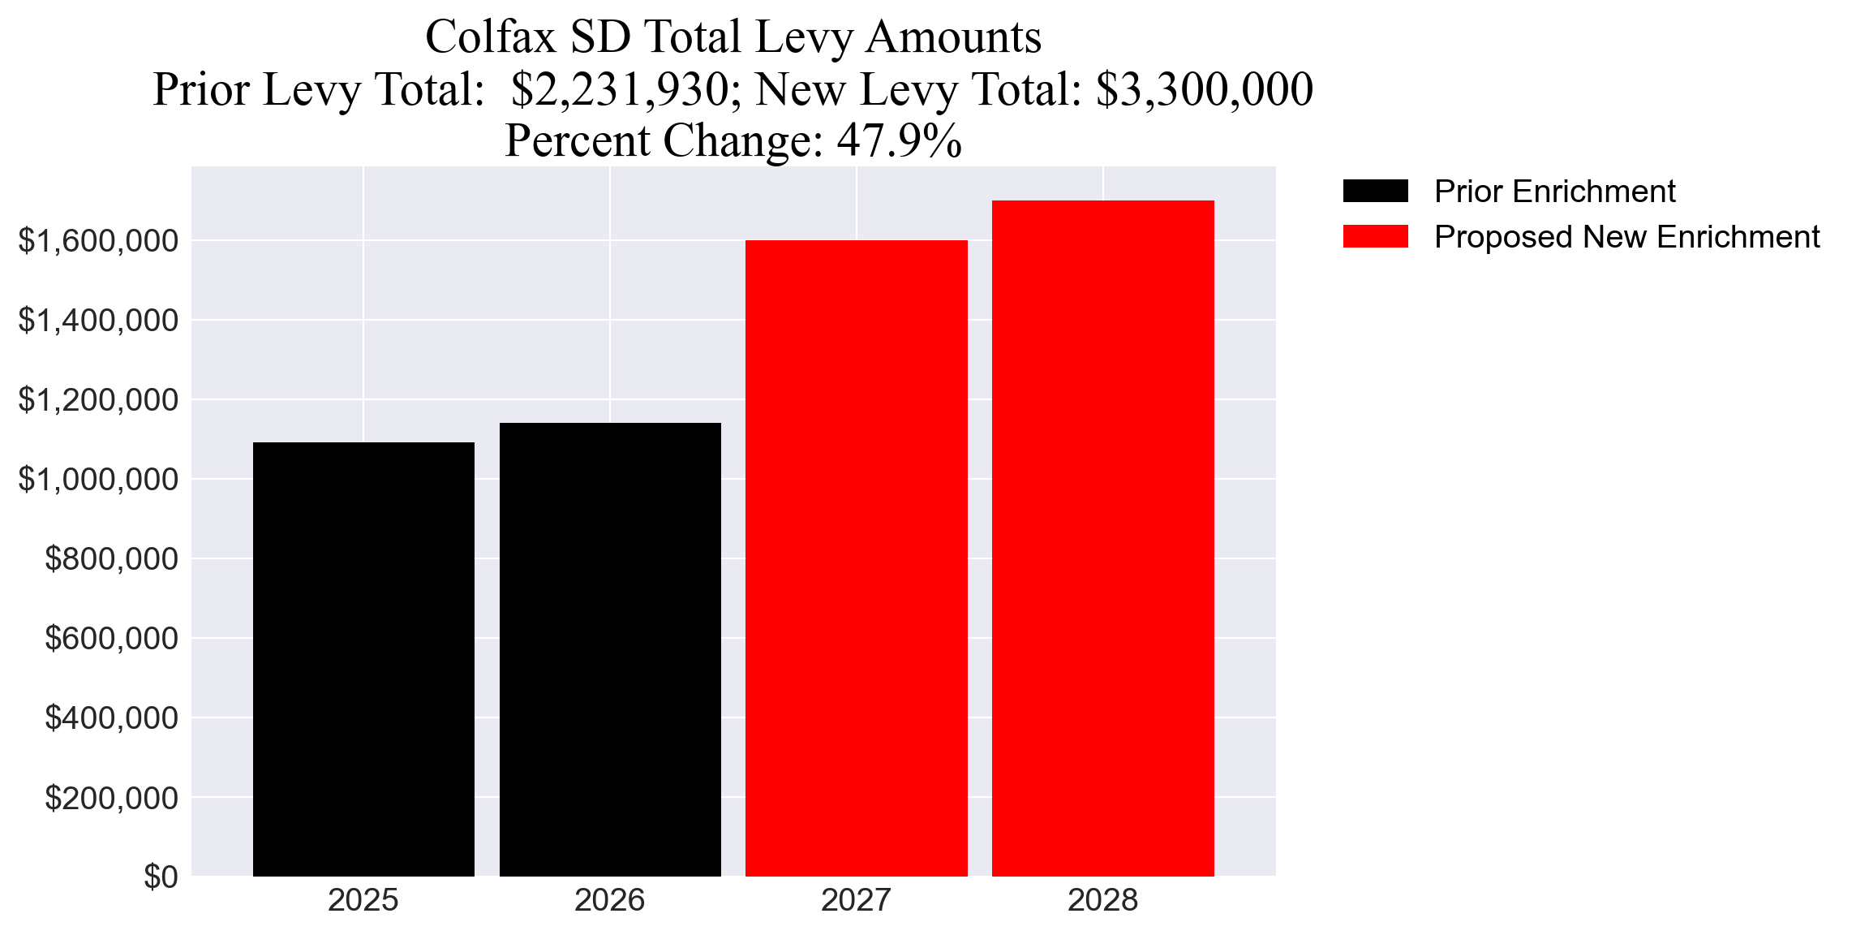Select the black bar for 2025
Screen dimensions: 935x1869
click(x=363, y=659)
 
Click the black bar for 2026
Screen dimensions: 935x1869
click(x=610, y=649)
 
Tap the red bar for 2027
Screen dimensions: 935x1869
click(x=857, y=558)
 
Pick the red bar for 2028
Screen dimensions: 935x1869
click(x=1103, y=538)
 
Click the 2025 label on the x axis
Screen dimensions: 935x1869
click(x=363, y=900)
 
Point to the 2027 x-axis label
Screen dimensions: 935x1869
click(x=857, y=900)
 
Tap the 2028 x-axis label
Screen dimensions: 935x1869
click(x=1103, y=900)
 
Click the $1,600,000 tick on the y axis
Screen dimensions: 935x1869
click(x=98, y=240)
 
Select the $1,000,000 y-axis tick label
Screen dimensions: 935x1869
click(x=98, y=479)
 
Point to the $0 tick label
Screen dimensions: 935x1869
click(x=161, y=877)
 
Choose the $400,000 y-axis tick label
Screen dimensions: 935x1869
click(x=111, y=717)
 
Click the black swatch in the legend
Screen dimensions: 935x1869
click(x=1375, y=191)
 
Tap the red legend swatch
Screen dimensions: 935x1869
click(x=1375, y=236)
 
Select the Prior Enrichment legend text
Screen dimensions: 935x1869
click(x=1554, y=192)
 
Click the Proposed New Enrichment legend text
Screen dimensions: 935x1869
click(x=1626, y=237)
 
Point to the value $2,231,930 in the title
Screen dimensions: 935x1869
click(x=621, y=89)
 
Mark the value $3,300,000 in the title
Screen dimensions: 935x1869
click(x=1205, y=89)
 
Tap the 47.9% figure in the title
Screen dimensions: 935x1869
click(x=900, y=140)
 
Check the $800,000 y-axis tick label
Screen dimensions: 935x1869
click(x=111, y=558)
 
